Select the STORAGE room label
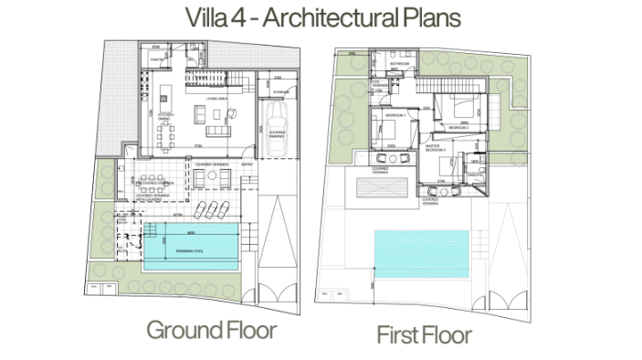[280, 90]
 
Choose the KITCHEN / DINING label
[164, 117]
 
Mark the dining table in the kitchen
[167, 138]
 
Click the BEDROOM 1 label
[395, 117]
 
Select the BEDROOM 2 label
[458, 127]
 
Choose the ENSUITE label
[474, 175]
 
